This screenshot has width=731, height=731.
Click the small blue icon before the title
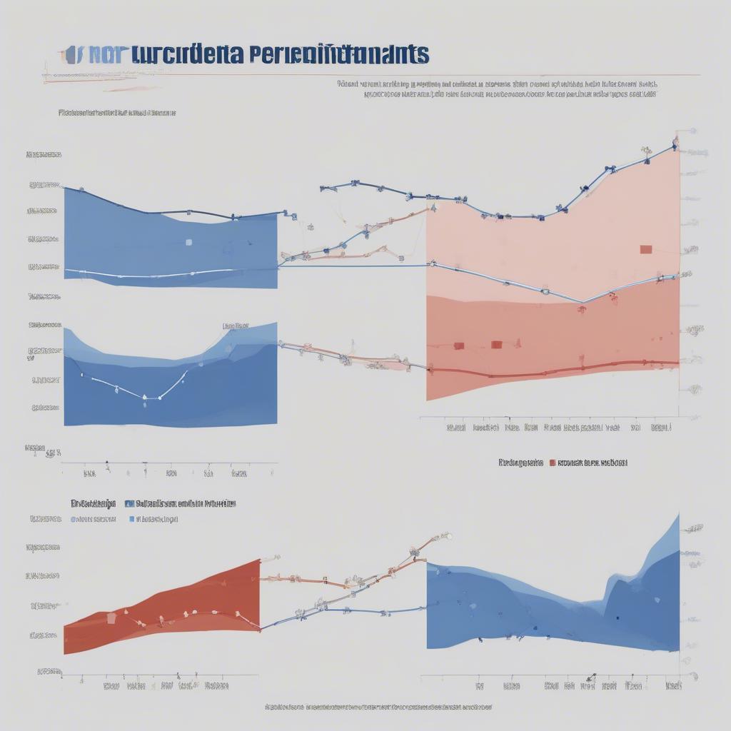[x=70, y=55]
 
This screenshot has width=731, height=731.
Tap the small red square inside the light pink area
[x=646, y=249]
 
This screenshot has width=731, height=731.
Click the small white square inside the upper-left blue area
[x=188, y=242]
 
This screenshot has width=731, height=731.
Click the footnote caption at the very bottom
[x=378, y=707]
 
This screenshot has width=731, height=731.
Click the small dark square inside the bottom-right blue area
[x=617, y=618]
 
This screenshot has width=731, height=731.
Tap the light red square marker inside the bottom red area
[x=111, y=618]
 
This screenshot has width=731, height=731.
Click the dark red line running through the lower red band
[x=557, y=370]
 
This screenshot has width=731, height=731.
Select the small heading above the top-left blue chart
[x=117, y=113]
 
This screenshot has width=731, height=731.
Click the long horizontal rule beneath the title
[x=371, y=74]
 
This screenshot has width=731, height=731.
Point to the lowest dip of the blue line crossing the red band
[x=582, y=302]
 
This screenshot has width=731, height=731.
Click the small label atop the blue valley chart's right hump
[x=236, y=326]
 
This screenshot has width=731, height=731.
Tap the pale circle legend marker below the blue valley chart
[x=74, y=520]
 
